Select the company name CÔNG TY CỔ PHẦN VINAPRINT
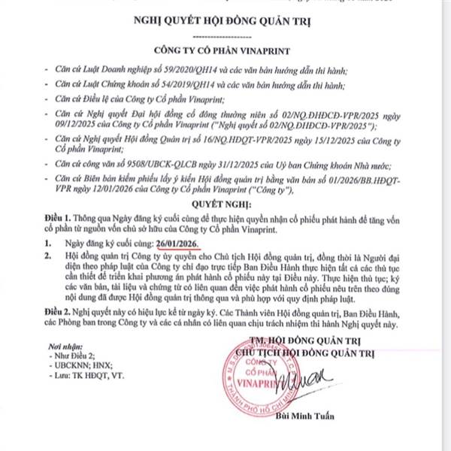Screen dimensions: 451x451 (x=225, y=52)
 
